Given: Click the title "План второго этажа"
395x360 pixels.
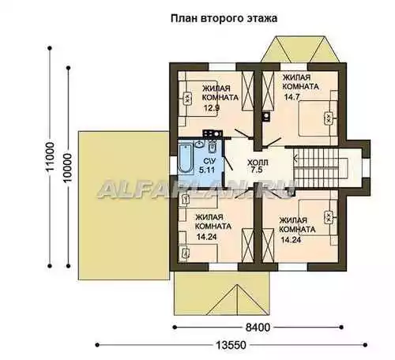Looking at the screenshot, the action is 224,19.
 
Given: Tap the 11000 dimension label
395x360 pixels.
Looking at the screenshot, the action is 50,156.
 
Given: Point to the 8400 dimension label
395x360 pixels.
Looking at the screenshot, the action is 258,328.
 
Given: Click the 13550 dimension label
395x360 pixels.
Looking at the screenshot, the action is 231,345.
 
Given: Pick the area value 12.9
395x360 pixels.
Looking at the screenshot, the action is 212,107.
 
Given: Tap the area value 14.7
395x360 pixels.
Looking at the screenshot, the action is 292,97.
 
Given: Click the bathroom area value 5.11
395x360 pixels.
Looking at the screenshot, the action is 208,170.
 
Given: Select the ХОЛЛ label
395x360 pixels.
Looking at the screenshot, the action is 258,163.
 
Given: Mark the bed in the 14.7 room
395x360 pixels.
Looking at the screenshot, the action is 318,118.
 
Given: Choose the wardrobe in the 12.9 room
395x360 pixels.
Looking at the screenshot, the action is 247,91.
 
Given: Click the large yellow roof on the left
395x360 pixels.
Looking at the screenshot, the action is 123,205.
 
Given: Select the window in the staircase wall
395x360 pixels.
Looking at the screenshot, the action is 367,168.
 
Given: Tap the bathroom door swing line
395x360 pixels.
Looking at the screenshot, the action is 228,163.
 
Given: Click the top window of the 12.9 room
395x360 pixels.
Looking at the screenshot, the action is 223,67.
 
